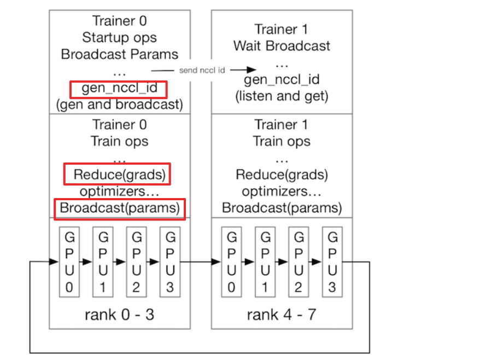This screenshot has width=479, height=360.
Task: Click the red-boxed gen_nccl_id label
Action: tap(119, 88)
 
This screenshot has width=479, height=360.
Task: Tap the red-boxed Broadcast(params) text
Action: tap(119, 208)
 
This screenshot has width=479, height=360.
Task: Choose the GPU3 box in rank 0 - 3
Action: tap(170, 262)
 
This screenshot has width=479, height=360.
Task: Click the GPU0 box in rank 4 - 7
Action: tap(232, 262)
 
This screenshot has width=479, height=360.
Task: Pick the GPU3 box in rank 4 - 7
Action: tap(331, 262)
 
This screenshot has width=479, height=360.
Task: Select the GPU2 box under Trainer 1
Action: tap(298, 262)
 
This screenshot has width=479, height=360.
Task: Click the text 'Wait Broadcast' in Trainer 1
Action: tap(282, 45)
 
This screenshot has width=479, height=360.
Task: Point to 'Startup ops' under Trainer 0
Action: tap(119, 38)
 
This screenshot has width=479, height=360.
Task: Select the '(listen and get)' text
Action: tap(282, 97)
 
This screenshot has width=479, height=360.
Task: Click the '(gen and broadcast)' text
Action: tap(119, 104)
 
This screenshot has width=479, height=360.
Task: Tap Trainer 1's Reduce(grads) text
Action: tap(282, 175)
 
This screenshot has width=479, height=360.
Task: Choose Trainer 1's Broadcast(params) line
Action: tap(282, 208)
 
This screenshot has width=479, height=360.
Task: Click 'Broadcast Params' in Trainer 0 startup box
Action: tap(119, 54)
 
